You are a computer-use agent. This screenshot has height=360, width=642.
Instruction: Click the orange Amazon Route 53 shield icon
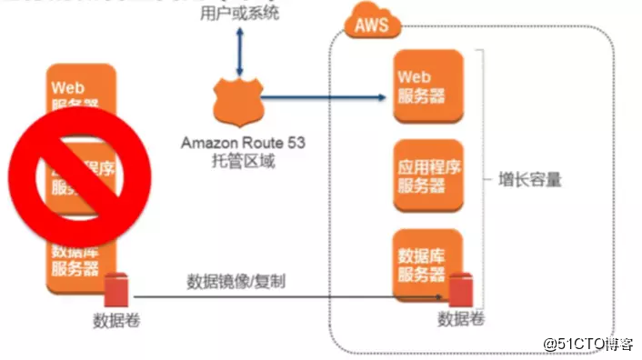tap(238, 103)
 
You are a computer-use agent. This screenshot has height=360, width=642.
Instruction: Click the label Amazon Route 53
tap(238, 143)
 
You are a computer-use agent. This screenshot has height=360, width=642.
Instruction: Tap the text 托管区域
tap(238, 162)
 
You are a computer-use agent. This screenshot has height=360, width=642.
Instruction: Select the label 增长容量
tap(531, 179)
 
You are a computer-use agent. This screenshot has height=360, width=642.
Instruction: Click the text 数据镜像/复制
tap(236, 280)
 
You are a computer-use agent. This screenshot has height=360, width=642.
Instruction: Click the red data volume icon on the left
tap(117, 292)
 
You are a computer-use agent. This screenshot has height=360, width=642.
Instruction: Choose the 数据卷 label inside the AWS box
tap(462, 319)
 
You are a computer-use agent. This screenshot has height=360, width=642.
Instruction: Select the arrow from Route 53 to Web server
tap(323, 95)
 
